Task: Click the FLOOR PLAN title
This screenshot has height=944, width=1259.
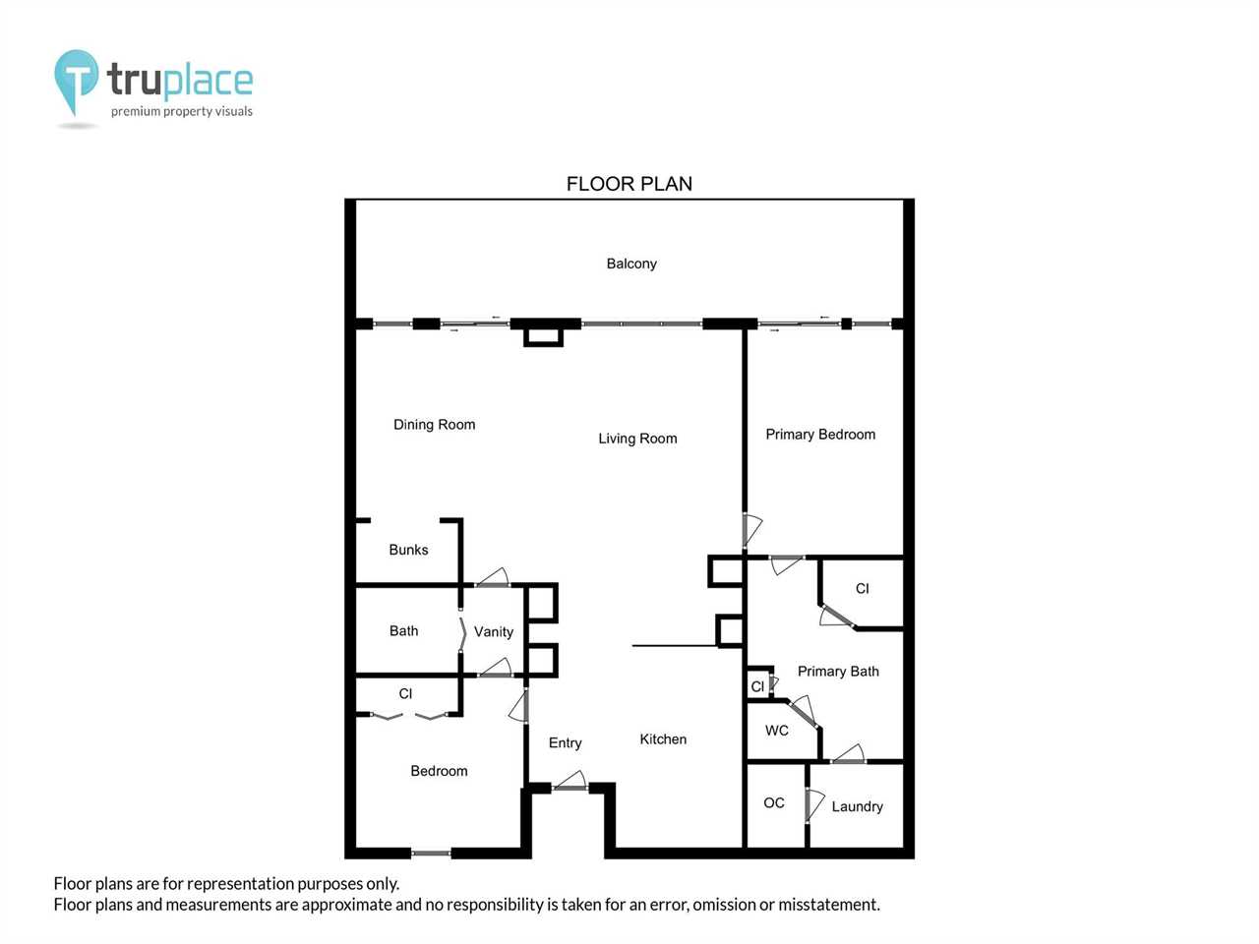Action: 629,184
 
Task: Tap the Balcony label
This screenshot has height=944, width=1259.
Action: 631,264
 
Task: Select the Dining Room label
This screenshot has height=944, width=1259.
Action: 434,425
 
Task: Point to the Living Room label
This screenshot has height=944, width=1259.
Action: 637,439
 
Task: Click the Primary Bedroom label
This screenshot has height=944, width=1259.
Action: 820,435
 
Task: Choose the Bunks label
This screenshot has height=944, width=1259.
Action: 408,550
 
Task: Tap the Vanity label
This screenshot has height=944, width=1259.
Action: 494,631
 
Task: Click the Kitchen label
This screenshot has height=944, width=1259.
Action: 663,739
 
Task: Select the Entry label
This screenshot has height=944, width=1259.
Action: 565,742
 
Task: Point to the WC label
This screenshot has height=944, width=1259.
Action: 777,731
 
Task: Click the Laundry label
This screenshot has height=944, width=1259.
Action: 857,806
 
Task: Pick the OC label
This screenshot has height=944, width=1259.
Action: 774,803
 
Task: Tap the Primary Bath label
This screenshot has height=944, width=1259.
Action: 838,672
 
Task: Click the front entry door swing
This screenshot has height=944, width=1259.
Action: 570,781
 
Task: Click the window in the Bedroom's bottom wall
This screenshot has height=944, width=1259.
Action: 431,854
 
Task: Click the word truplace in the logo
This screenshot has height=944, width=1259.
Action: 180,81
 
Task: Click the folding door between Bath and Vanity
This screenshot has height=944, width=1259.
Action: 462,634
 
